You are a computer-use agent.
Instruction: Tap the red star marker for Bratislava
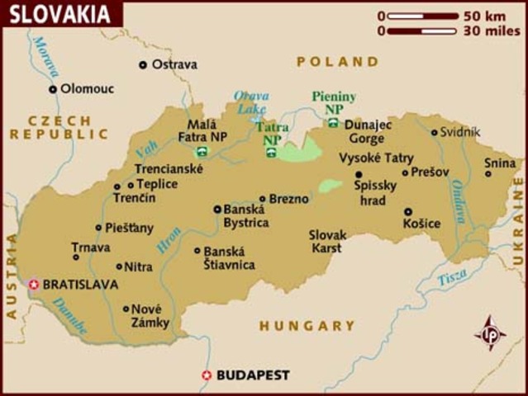point(34,285)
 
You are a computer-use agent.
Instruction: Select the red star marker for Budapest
point(207,375)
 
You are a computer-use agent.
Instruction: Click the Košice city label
point(421,223)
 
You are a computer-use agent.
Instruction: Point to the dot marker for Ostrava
point(143,64)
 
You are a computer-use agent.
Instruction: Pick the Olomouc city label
point(88,88)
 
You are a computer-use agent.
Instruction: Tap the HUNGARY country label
point(307,326)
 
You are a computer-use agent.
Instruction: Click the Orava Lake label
point(251,102)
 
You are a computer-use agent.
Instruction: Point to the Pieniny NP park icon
point(333,123)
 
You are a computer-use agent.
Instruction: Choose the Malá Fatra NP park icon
point(202,152)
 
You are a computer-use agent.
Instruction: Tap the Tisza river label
point(452,276)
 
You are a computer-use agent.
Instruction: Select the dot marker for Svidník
point(435,132)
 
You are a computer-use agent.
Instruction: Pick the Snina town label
point(500,163)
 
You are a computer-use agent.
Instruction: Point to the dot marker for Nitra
point(119,266)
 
